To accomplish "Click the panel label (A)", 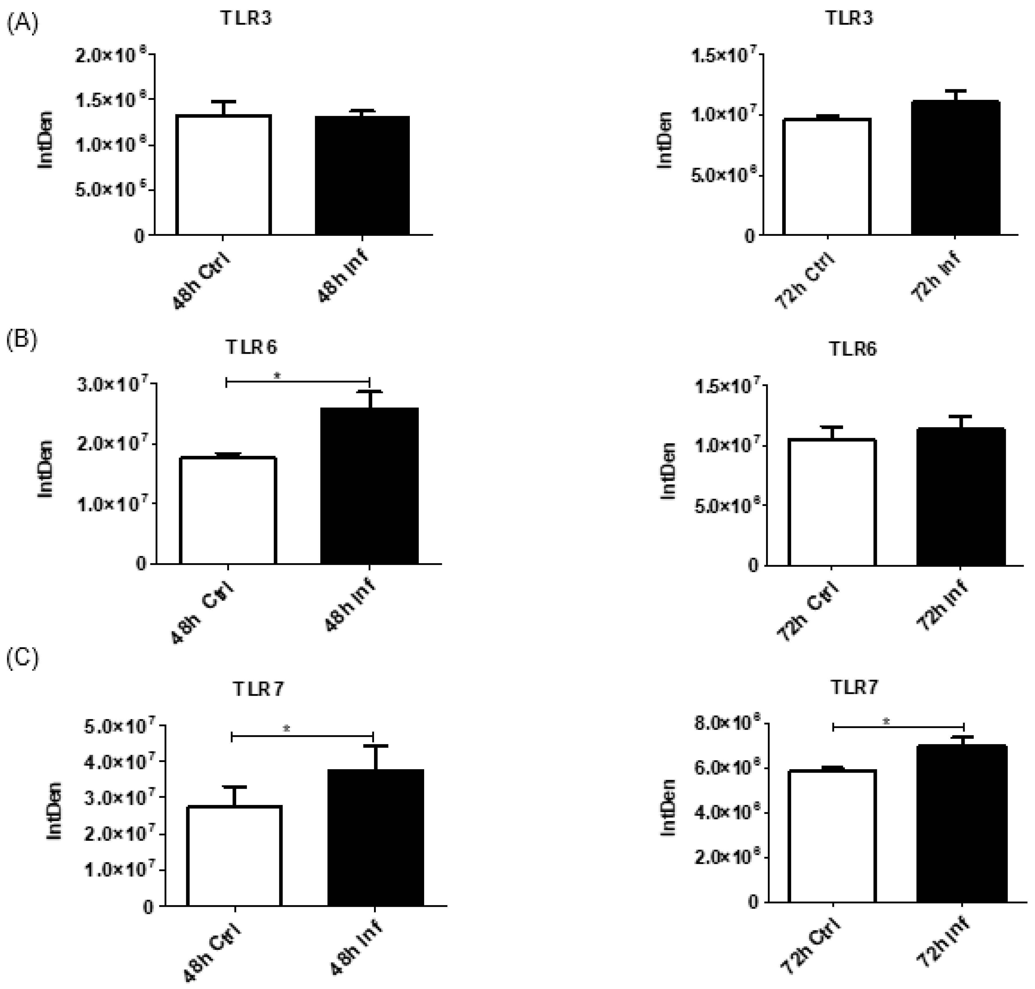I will tap(22, 24).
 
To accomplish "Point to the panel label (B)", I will tap(22, 340).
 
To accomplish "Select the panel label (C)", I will tap(22, 659).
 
